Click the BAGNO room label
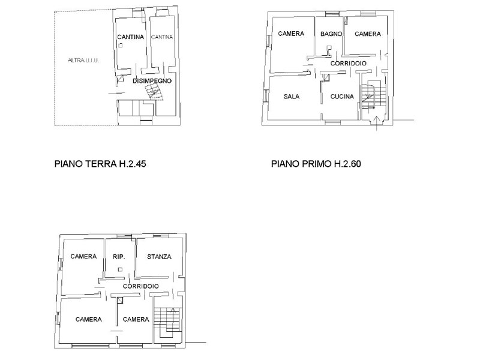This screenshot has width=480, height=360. tap(331, 34)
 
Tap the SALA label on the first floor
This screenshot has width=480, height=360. tap(292, 97)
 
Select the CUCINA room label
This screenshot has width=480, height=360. tap(342, 97)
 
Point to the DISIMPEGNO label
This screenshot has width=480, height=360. tap(152, 81)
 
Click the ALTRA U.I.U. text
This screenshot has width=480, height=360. tap(83, 61)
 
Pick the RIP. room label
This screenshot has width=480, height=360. tap(119, 257)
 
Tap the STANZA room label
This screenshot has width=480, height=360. tap(159, 257)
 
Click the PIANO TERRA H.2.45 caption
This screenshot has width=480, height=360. tap(100, 164)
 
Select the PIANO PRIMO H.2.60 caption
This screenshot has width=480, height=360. tap(316, 164)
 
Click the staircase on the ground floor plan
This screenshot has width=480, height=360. tap(154, 92)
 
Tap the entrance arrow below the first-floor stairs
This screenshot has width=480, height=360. tap(377, 123)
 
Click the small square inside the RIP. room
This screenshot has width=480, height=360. tap(121, 269)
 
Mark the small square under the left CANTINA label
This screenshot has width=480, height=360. tap(121, 46)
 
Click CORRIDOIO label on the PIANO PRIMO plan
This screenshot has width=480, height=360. tap(349, 64)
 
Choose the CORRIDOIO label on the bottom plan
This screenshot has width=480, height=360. tap(141, 286)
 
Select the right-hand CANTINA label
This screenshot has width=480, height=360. tap(162, 37)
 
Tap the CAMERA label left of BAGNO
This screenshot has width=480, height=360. tap(291, 34)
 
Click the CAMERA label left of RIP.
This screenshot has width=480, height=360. tap(83, 257)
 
